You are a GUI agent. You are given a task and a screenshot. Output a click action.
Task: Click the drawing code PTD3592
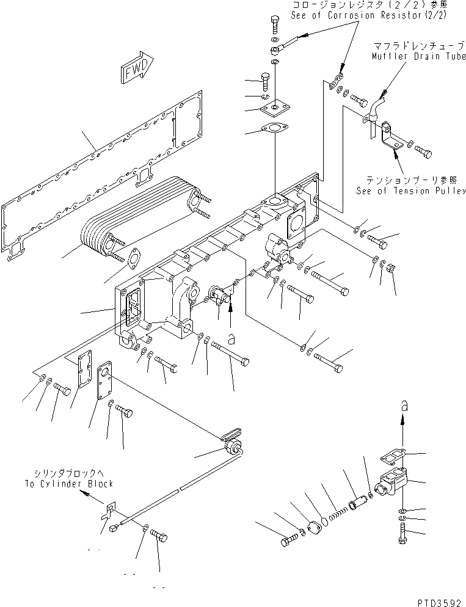[440, 601]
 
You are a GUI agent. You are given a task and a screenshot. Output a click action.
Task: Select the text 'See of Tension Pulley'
[412, 191]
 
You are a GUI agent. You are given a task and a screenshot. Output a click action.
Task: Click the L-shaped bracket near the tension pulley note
[388, 140]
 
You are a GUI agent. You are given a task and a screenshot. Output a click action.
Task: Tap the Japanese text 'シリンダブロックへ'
[75, 473]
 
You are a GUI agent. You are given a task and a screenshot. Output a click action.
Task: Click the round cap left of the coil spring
[316, 528]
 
